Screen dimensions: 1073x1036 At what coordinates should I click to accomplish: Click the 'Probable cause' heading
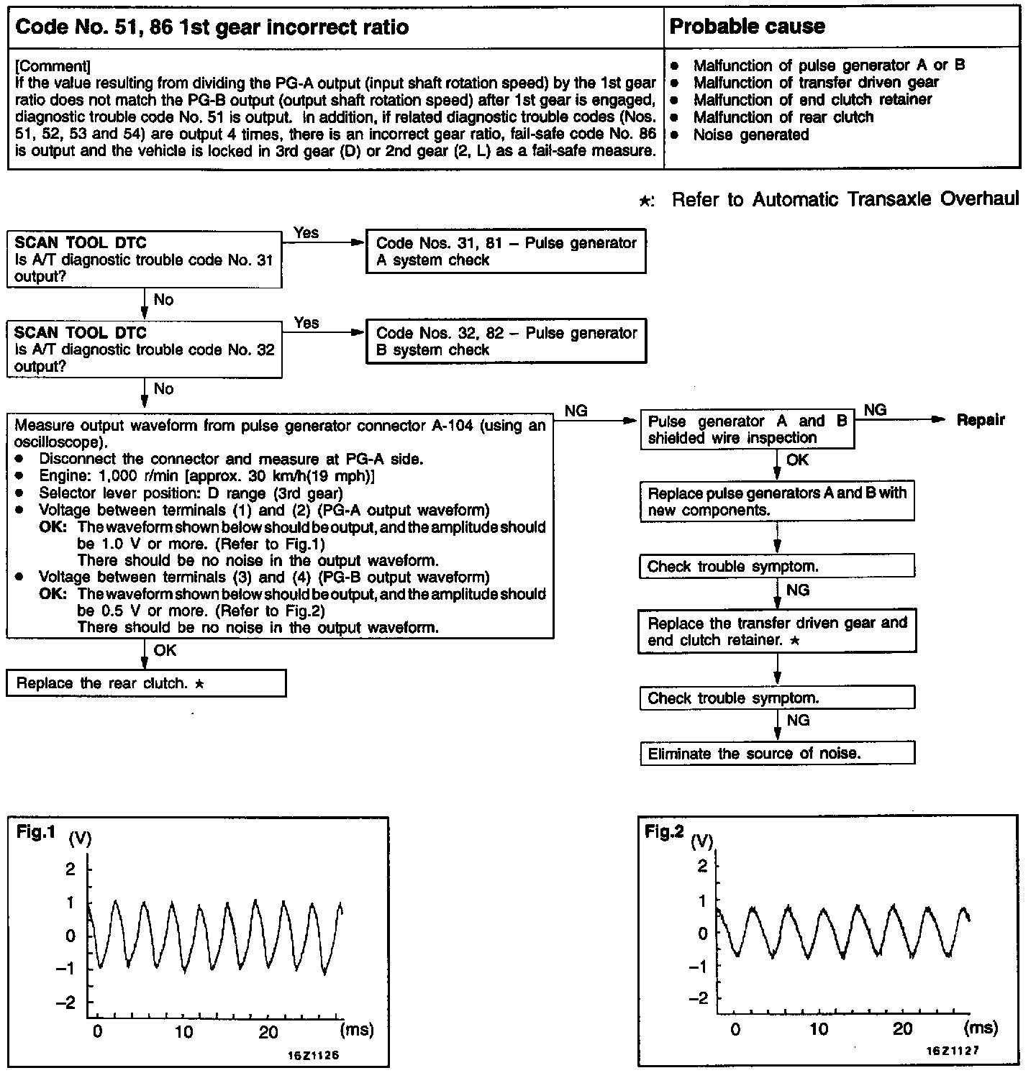click(747, 27)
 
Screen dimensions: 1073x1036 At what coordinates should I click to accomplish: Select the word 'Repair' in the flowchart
click(981, 420)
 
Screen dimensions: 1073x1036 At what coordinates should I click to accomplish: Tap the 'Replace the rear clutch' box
click(146, 683)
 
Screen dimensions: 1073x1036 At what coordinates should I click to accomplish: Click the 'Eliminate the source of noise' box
click(777, 754)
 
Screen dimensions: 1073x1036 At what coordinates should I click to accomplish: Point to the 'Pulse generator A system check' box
click(506, 252)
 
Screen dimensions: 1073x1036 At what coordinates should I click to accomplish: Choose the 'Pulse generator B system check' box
click(506, 342)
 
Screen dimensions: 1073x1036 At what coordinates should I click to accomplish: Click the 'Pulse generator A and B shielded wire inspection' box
click(747, 430)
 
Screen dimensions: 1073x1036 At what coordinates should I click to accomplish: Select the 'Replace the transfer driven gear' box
click(777, 631)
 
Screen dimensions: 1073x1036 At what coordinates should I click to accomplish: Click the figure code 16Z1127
click(952, 1051)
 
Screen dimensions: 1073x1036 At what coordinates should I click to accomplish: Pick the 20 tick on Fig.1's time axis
click(268, 1032)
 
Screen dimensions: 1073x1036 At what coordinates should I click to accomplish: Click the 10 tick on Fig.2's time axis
click(819, 1029)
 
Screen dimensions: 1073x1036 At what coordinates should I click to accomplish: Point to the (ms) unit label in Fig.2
click(981, 1028)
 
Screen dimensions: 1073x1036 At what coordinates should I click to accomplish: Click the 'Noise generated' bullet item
click(750, 134)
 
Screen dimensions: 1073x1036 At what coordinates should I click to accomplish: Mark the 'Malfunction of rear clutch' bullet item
click(783, 117)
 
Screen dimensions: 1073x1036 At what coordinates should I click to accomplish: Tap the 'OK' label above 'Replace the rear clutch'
click(165, 650)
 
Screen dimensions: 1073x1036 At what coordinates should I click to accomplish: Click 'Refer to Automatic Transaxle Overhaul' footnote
click(845, 199)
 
